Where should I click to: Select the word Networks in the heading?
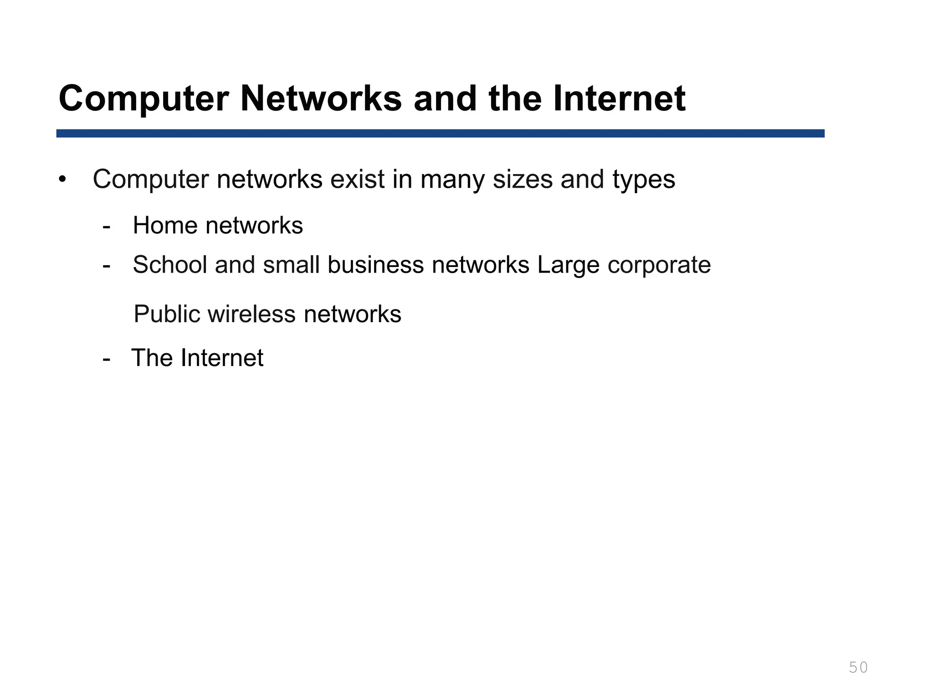pyautogui.click(x=321, y=99)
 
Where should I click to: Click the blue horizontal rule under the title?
pyautogui.click(x=440, y=133)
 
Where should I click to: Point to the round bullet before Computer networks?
pyautogui.click(x=62, y=179)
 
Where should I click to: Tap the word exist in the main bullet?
pyautogui.click(x=358, y=179)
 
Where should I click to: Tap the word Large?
pyautogui.click(x=568, y=265)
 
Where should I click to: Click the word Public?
pyautogui.click(x=167, y=314)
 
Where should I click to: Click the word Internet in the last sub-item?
pyautogui.click(x=222, y=358)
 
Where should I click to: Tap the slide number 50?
pyautogui.click(x=858, y=668)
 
